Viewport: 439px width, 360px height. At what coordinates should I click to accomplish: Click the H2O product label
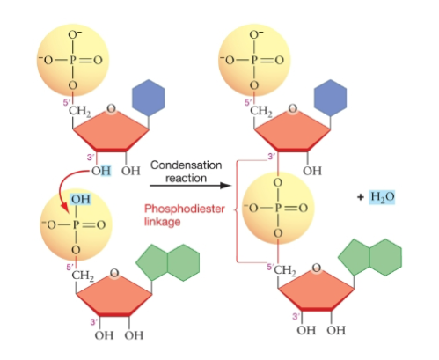(x=382, y=196)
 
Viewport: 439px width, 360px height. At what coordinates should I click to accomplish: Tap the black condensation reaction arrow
(x=191, y=186)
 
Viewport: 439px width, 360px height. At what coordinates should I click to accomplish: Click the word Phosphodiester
(x=185, y=209)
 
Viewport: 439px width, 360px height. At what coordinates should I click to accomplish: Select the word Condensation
(x=187, y=165)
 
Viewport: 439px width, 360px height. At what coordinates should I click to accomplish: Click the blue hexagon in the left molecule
(x=149, y=98)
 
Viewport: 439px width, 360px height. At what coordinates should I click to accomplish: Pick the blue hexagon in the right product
(x=330, y=98)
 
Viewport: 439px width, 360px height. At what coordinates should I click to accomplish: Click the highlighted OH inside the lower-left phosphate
(x=81, y=199)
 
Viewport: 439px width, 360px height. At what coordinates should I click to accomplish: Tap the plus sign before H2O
(x=361, y=196)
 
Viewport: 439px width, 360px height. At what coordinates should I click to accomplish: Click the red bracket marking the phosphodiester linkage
(x=237, y=211)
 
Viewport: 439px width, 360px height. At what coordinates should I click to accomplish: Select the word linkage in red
(x=162, y=222)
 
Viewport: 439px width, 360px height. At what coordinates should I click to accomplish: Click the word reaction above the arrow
(x=186, y=178)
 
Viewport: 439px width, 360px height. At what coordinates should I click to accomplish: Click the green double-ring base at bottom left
(x=168, y=262)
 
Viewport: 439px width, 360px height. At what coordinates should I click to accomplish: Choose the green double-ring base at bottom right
(x=370, y=257)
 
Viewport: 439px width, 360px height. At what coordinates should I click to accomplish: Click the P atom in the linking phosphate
(x=278, y=208)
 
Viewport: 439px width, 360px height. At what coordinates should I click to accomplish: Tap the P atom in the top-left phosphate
(x=73, y=60)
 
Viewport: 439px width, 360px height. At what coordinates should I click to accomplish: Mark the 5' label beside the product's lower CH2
(x=270, y=267)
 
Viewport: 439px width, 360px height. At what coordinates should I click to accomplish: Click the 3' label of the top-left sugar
(x=91, y=158)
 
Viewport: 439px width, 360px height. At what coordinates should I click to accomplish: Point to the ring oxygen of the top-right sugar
(x=292, y=109)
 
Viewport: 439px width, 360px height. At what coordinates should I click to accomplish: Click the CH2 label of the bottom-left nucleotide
(x=83, y=276)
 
